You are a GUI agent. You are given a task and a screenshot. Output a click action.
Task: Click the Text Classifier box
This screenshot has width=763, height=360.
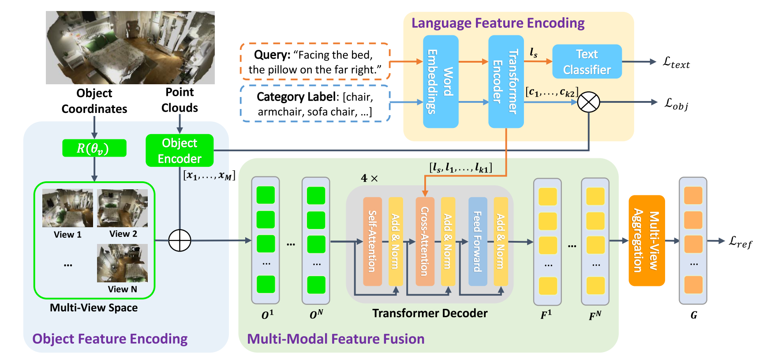tap(587, 62)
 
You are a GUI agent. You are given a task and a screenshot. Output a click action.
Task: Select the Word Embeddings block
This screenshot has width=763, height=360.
tap(441, 82)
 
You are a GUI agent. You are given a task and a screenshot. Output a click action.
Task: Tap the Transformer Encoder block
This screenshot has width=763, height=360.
tap(506, 82)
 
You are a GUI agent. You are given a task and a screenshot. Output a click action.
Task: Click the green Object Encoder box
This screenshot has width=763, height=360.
tap(180, 150)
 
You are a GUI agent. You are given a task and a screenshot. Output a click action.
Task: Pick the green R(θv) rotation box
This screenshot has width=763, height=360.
tap(94, 148)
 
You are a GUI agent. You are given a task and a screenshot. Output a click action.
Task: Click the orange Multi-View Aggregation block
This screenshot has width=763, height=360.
tap(647, 240)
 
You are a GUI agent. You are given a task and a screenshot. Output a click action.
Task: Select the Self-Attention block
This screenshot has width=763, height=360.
tap(372, 241)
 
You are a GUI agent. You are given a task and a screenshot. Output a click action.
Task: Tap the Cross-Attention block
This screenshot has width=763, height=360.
tap(425, 241)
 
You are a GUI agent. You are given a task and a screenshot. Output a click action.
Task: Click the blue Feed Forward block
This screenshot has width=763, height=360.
tap(478, 241)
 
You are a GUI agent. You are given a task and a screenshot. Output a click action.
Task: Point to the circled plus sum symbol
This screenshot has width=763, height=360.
tap(180, 240)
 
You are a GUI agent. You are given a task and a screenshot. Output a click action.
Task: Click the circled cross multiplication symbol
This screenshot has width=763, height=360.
tap(589, 102)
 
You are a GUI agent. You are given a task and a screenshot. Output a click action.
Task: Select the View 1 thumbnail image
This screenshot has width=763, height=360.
tap(67, 208)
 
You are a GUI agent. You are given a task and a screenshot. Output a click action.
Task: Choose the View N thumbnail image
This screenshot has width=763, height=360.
tap(122, 263)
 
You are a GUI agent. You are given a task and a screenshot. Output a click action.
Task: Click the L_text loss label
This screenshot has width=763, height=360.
tap(676, 63)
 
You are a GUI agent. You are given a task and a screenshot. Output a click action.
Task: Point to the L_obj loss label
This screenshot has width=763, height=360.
tap(677, 104)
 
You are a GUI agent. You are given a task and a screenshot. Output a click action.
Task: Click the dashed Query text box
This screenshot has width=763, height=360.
tap(315, 61)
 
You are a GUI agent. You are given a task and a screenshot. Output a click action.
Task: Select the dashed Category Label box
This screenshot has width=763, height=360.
tap(315, 103)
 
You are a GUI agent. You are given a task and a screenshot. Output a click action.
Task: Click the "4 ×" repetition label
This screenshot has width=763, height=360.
tap(370, 178)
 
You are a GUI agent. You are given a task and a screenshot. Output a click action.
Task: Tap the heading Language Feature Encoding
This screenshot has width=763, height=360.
tap(498, 23)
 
